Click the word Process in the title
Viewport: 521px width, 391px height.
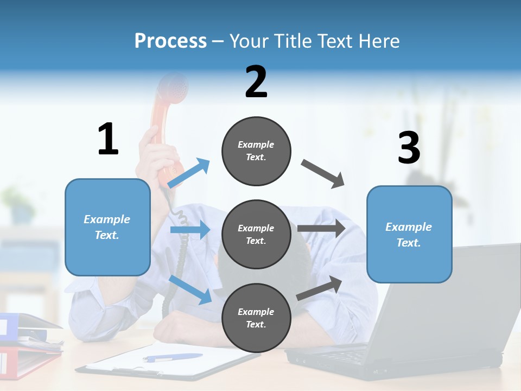tap(170, 41)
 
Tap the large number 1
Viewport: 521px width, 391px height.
tap(108, 139)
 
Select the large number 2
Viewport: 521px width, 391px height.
tap(256, 81)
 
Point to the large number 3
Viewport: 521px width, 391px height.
tap(409, 148)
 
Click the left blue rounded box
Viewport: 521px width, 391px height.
tap(107, 227)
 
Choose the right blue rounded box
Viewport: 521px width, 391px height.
tap(409, 234)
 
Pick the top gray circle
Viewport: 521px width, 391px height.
tap(256, 151)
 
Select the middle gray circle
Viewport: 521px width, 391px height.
tap(256, 234)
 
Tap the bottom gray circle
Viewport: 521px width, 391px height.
tap(256, 318)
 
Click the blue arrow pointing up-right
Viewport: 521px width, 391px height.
tap(189, 173)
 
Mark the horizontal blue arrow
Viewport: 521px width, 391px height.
tap(190, 230)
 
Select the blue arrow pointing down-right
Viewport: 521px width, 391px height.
tap(190, 289)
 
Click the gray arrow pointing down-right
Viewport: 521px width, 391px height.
tap(323, 174)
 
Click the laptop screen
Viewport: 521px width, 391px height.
tap(461, 304)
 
